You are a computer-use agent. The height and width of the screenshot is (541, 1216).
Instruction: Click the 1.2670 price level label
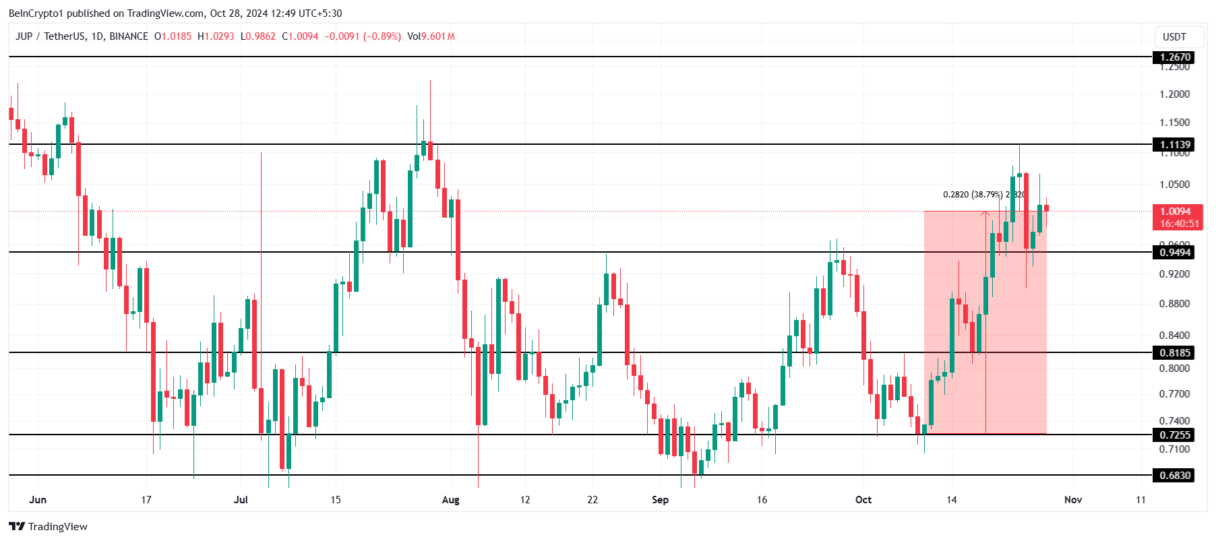pyautogui.click(x=1176, y=57)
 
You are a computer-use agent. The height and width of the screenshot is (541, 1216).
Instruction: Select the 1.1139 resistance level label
pyautogui.click(x=1176, y=145)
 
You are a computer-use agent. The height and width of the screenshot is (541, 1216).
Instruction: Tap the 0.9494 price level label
pyautogui.click(x=1176, y=253)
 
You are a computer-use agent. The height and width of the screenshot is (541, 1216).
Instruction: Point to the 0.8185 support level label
pyautogui.click(x=1176, y=353)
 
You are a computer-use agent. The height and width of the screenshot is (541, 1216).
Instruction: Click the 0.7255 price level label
pyautogui.click(x=1176, y=435)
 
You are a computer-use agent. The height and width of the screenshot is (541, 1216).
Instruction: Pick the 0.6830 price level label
pyautogui.click(x=1176, y=476)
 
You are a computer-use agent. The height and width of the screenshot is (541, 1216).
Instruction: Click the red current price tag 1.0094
pyautogui.click(x=1176, y=212)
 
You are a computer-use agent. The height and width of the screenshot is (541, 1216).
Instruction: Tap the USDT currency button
pyautogui.click(x=1174, y=37)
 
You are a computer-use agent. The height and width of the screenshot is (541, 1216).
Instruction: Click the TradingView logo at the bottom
pyautogui.click(x=49, y=527)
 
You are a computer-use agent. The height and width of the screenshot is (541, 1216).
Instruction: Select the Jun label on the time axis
pyautogui.click(x=38, y=500)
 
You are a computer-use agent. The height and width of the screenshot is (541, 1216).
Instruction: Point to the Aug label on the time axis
pyautogui.click(x=450, y=500)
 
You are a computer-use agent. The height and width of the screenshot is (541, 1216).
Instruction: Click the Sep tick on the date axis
pyautogui.click(x=660, y=500)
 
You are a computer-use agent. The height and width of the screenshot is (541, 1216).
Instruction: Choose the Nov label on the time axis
pyautogui.click(x=1073, y=500)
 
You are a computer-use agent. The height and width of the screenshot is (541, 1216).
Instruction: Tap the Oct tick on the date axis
pyautogui.click(x=863, y=500)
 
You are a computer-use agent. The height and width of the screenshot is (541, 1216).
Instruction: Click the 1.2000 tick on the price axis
pyautogui.click(x=1174, y=94)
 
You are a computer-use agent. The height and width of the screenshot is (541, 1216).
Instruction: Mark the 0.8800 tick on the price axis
pyautogui.click(x=1174, y=304)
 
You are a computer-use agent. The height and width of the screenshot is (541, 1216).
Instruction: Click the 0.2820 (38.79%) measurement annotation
pyautogui.click(x=973, y=195)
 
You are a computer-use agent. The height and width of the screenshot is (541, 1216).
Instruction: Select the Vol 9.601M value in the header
pyautogui.click(x=431, y=36)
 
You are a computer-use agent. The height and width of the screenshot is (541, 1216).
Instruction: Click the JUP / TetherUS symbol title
pyautogui.click(x=82, y=36)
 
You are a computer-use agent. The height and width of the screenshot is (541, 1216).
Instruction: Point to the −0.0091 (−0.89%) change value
pyautogui.click(x=363, y=36)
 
